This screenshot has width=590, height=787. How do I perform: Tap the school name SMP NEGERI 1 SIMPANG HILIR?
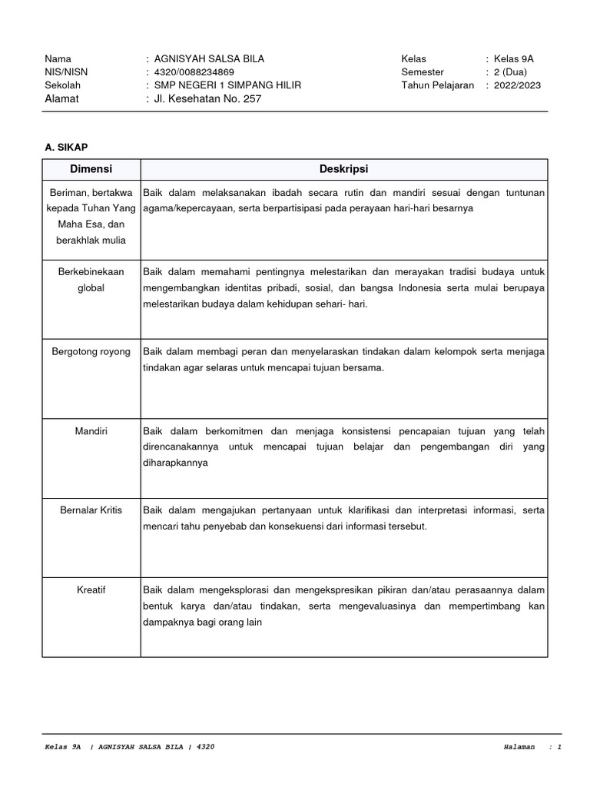click(227, 85)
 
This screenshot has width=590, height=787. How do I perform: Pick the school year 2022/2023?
click(517, 85)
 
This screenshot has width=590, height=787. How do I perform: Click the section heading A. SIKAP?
click(67, 146)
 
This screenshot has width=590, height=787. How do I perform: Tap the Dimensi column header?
click(91, 169)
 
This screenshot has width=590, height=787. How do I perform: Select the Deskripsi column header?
click(344, 169)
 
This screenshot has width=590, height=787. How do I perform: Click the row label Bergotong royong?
click(91, 351)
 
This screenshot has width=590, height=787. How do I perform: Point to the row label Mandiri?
click(91, 431)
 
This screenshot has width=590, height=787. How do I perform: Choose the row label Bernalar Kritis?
click(91, 510)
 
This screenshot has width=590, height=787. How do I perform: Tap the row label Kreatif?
click(91, 589)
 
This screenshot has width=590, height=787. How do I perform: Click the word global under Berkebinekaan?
click(91, 287)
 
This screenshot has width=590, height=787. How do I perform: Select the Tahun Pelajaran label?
click(437, 85)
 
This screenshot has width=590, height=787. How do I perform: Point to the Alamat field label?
click(62, 98)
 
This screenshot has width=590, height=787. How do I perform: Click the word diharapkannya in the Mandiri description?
click(176, 463)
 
